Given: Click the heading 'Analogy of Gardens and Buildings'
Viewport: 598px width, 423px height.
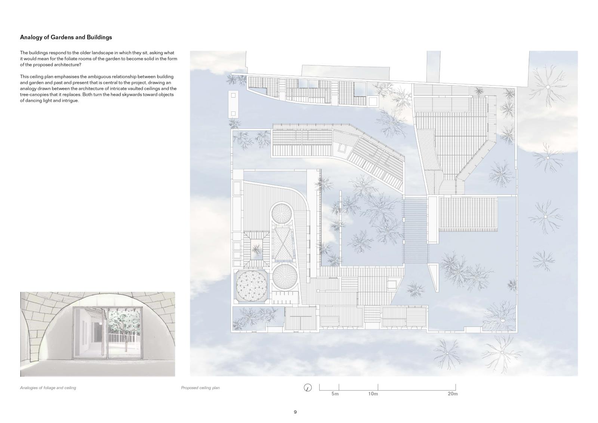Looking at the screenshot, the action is tap(66, 37).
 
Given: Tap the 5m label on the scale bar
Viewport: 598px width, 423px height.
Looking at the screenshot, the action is tap(335, 394).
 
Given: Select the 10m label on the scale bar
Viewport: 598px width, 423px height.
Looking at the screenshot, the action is tap(373, 394).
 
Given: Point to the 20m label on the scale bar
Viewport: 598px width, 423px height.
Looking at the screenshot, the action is tap(453, 394).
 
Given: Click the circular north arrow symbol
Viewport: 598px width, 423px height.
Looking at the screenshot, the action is tap(308, 387).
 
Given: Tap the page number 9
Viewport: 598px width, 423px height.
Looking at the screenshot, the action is tap(295, 412).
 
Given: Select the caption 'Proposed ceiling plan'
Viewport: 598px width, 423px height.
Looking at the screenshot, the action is tap(200, 388).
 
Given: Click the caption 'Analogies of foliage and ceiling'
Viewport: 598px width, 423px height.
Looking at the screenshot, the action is tap(48, 388).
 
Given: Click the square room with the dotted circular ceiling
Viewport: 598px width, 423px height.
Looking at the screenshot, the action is tap(251, 286).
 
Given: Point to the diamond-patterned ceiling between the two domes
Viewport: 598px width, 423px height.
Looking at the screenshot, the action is tap(283, 244).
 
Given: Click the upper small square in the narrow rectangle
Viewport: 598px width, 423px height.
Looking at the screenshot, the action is tap(233, 95).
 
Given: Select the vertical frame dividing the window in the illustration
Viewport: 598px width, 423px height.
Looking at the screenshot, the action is tap(108, 334).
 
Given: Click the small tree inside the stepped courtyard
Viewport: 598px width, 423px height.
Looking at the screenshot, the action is tap(256, 249).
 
